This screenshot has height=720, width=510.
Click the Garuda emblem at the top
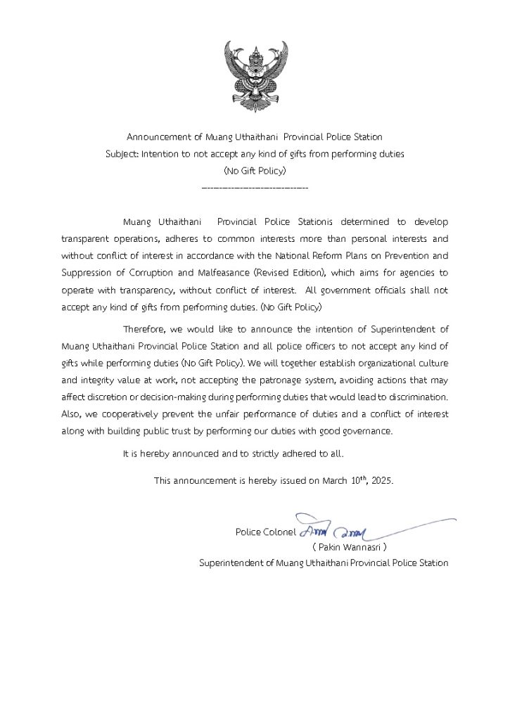click(255, 77)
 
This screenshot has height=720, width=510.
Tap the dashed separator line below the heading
click(255, 188)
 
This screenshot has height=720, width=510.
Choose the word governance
click(369, 430)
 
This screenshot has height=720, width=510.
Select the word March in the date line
click(335, 481)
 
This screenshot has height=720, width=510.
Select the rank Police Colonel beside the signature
click(265, 532)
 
